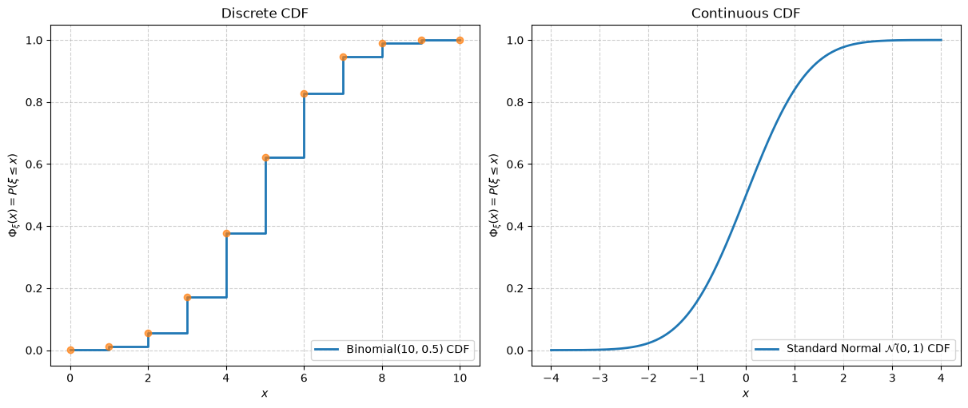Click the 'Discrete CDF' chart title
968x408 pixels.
(265, 14)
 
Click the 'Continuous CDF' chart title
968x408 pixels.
(746, 14)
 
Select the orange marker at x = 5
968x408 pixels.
(265, 158)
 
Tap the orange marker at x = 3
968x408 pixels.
(187, 298)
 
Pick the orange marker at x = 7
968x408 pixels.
(343, 57)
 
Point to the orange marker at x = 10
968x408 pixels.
(460, 40)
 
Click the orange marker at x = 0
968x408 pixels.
(70, 351)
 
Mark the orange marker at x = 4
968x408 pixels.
(226, 234)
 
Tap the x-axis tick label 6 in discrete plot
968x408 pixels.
(304, 378)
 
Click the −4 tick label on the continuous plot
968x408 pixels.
(551, 378)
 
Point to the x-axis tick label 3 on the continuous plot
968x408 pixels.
(892, 378)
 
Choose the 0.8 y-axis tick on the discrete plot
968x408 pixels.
(34, 103)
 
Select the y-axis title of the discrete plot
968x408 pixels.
(14, 195)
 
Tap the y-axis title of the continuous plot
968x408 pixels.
(494, 195)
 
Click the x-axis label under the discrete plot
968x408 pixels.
(265, 394)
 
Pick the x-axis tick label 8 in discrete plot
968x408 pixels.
(382, 378)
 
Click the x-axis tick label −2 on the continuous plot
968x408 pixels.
(648, 378)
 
